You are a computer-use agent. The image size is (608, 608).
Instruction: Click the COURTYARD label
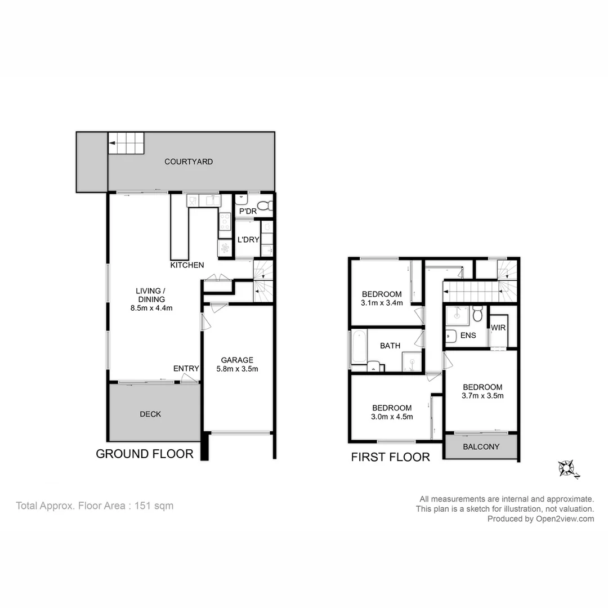click(189, 162)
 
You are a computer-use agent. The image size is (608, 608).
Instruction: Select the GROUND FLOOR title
click(145, 454)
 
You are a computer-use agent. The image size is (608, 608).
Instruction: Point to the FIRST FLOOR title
click(390, 457)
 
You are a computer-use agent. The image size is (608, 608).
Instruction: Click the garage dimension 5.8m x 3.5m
click(236, 369)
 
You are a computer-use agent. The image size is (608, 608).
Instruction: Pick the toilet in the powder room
click(264, 205)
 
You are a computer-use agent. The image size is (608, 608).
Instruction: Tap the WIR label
click(498, 328)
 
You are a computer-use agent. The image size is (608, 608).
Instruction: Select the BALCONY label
click(481, 447)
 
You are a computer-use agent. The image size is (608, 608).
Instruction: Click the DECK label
click(150, 414)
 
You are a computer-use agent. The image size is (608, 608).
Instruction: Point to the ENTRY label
click(186, 369)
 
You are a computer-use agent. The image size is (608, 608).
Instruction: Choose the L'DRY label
click(248, 239)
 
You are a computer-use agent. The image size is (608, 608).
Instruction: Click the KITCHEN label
click(187, 265)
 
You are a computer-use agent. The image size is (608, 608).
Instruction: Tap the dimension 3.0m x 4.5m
click(391, 417)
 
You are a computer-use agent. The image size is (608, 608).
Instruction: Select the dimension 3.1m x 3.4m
click(382, 303)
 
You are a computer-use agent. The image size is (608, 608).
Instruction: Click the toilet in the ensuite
click(477, 314)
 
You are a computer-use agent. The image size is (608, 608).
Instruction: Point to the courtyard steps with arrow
click(126, 143)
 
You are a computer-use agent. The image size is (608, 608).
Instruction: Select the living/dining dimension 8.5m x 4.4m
click(150, 308)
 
